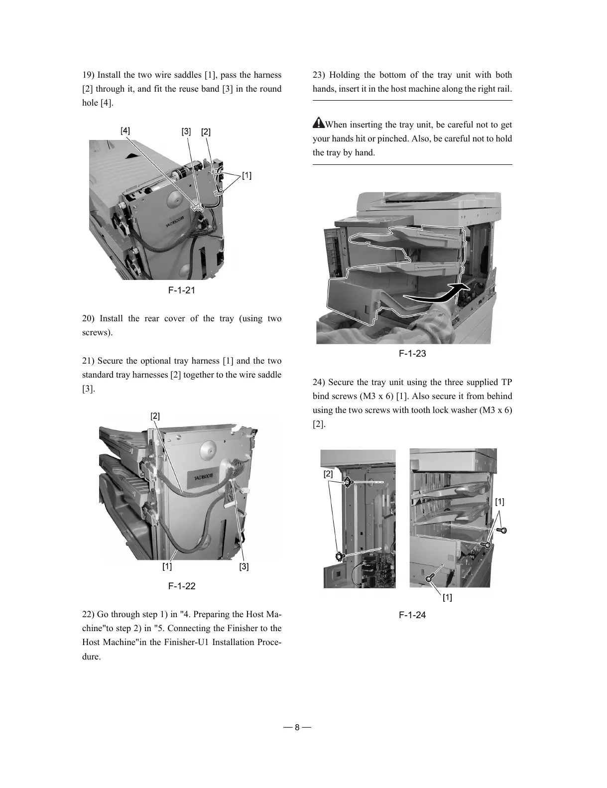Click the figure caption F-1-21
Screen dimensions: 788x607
pos(181,290)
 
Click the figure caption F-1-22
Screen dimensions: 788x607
pos(181,586)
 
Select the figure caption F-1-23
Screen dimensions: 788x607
pos(412,354)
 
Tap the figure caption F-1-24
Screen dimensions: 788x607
pos(412,615)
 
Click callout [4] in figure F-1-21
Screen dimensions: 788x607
pos(125,131)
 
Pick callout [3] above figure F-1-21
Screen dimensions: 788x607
pos(186,131)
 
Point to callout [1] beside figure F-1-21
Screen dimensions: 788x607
pos(246,175)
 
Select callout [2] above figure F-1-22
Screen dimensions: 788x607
pos(155,416)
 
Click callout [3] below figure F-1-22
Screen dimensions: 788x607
pos(244,567)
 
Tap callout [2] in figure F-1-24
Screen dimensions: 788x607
pos(328,474)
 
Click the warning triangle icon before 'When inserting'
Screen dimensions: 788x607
pos(318,123)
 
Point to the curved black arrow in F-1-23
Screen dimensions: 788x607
pos(438,295)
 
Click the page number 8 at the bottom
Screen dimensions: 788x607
pos(297,728)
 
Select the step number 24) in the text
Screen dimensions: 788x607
pos(319,383)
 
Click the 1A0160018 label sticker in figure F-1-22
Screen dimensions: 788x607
pos(202,480)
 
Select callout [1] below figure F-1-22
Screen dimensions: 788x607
pos(167,567)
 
